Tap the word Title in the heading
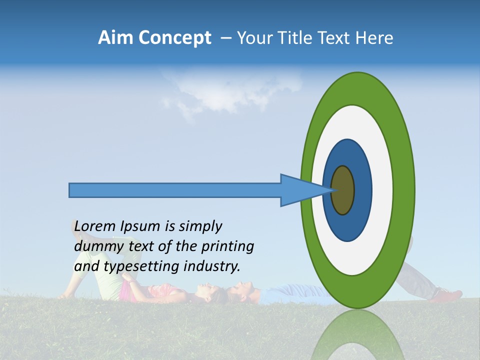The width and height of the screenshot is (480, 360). click(295, 38)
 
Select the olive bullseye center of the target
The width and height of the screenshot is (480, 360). click(343, 190)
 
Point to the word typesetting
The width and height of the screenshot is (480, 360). click(142, 266)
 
